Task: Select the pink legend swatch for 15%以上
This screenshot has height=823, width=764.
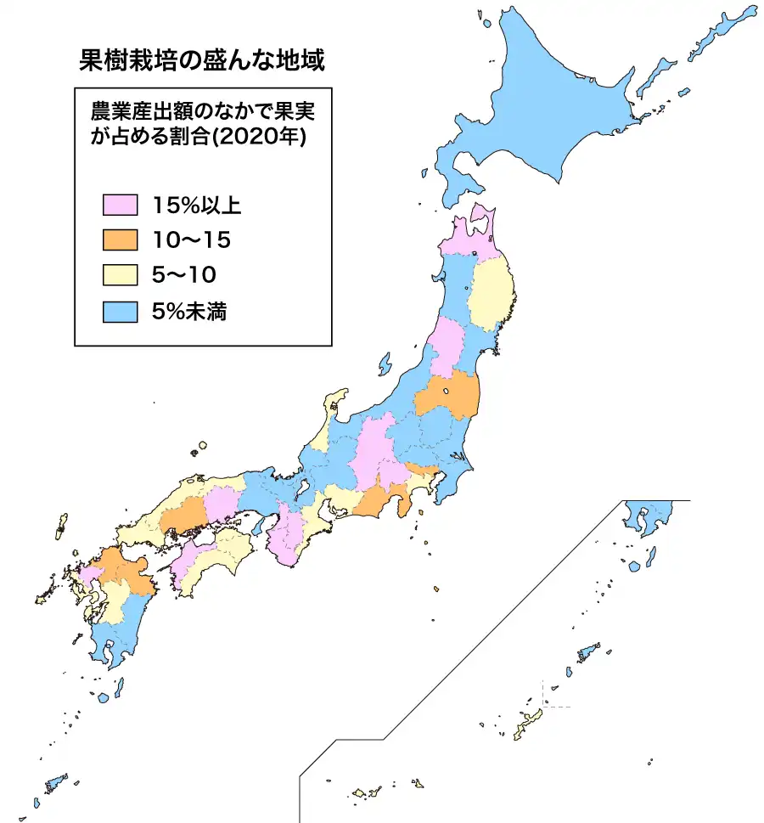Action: tap(120, 205)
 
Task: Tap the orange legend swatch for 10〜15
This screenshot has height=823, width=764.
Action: tap(120, 240)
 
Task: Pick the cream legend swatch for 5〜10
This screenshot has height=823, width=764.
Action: tap(120, 275)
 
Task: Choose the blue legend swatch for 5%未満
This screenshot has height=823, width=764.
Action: tap(120, 312)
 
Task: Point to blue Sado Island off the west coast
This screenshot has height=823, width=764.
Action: tap(384, 364)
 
